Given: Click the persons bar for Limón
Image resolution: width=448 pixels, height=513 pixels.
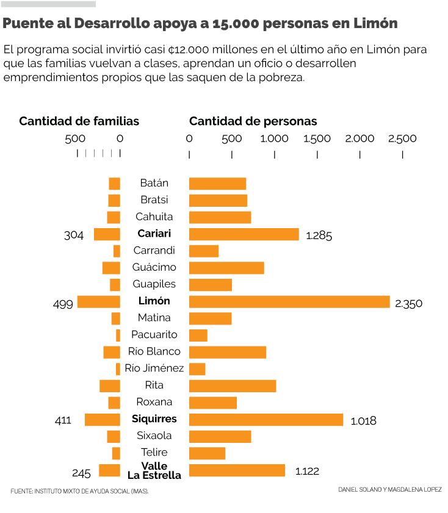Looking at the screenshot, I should coord(289,301).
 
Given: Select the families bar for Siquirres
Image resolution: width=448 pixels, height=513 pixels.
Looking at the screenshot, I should coord(103,420).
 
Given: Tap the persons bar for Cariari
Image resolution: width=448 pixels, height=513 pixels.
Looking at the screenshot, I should coord(244,234).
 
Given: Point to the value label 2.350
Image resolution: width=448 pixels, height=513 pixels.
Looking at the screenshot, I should coord(408,303).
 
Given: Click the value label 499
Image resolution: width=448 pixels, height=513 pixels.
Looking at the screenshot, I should coord(63,303).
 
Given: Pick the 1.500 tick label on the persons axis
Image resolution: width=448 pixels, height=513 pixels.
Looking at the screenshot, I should coord(317,138).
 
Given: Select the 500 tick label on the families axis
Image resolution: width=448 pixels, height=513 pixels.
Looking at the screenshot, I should coord(76,138).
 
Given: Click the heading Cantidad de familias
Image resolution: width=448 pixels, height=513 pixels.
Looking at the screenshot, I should coord(79,121).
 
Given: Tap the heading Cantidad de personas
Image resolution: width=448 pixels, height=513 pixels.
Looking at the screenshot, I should coord(253,121).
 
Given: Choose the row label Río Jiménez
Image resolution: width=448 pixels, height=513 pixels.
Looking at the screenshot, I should coord(154,368).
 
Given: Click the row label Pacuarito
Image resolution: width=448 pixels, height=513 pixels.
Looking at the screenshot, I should coord(154,334).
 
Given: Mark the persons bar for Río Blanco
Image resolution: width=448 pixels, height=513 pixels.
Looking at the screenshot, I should coord(228,352).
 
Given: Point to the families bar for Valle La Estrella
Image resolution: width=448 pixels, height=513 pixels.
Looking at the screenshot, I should coord(110,470).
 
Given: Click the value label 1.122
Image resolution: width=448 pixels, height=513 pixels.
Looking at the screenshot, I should coord(307,471).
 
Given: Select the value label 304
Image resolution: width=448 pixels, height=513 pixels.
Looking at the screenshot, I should coord(74,235).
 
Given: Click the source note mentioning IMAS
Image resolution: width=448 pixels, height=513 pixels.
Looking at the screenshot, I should coord(79,491).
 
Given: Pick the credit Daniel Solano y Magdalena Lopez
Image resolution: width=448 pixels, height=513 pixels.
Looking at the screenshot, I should coord(389,489).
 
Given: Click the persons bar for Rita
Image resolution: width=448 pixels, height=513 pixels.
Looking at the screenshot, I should coord(233,386).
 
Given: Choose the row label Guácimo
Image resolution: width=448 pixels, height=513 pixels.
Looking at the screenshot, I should coord(154,267).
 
